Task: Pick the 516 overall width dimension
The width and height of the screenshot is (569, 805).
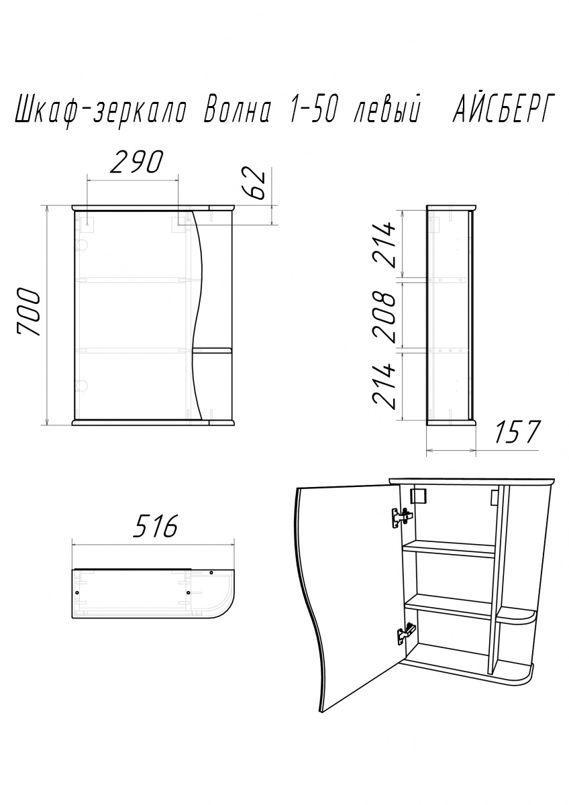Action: click(x=155, y=526)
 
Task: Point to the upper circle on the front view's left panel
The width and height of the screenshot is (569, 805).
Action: click(x=82, y=246)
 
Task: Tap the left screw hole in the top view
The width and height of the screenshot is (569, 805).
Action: click(x=78, y=592)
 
